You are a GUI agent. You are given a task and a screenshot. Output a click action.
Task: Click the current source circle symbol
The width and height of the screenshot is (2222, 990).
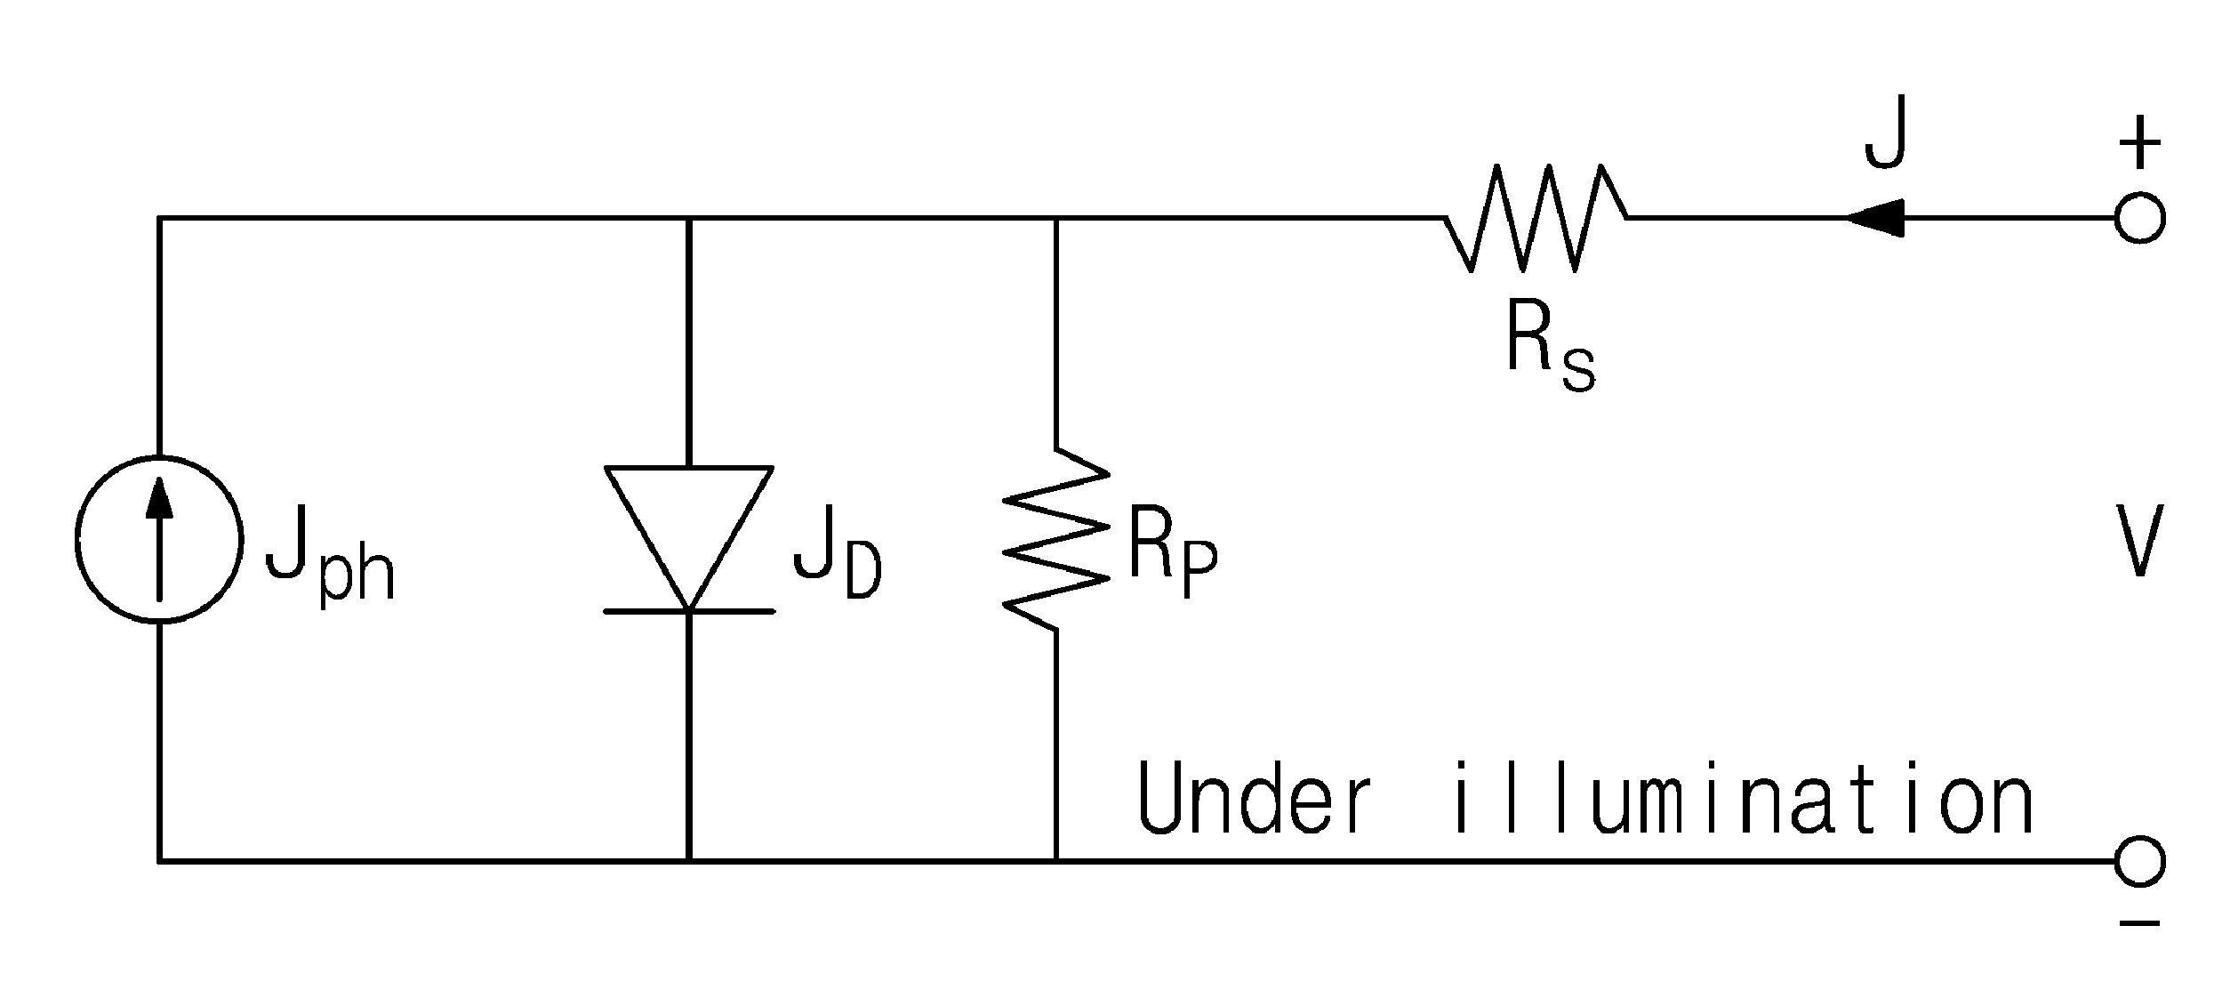pyautogui.click(x=76, y=539)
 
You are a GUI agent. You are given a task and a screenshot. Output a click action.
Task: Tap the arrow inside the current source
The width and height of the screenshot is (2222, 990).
pyautogui.click(x=159, y=539)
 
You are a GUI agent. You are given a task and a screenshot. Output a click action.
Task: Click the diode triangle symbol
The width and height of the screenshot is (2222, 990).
pyautogui.click(x=688, y=538)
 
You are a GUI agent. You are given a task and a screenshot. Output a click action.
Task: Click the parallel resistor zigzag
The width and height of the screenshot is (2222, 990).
pyautogui.click(x=1056, y=539)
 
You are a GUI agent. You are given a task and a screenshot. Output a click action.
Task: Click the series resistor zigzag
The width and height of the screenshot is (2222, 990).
pyautogui.click(x=1536, y=218)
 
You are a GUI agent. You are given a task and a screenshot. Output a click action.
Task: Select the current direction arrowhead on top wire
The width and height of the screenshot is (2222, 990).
pyautogui.click(x=1874, y=218)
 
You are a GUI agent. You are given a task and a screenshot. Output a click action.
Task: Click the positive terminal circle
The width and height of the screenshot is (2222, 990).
pyautogui.click(x=2139, y=218)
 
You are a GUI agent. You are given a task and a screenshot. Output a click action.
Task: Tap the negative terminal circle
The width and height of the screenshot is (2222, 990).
pyautogui.click(x=2139, y=861)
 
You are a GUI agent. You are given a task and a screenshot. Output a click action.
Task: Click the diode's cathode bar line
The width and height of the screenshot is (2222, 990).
pyautogui.click(x=688, y=611)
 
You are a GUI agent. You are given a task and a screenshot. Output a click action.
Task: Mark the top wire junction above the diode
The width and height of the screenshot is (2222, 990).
pyautogui.click(x=688, y=218)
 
